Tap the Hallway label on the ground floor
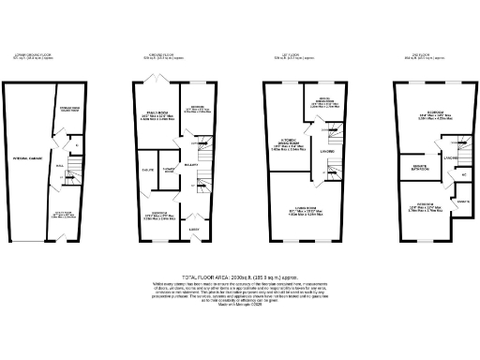coord(187,164)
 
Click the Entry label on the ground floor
coord(196,229)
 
